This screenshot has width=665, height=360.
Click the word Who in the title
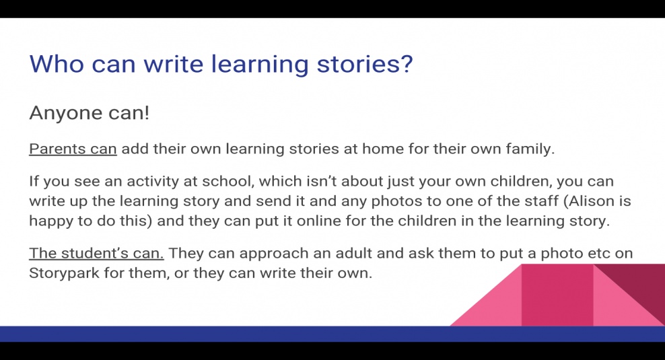click(57, 64)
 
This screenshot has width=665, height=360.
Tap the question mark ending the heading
click(406, 63)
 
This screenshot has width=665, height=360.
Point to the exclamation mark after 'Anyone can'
click(147, 112)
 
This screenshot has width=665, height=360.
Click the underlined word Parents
click(52, 149)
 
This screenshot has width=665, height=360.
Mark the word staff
click(540, 201)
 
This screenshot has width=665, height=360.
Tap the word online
click(318, 221)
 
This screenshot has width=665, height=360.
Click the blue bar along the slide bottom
click(332, 334)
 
